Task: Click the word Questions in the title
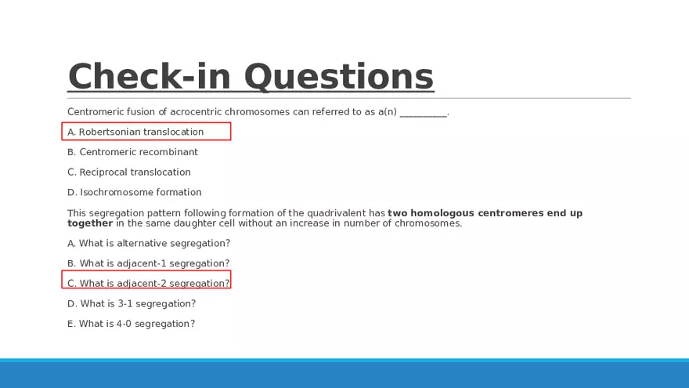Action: click(339, 77)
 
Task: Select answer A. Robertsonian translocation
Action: click(135, 132)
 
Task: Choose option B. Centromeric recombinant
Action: click(132, 152)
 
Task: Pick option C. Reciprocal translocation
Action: click(128, 172)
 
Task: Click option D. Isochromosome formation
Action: click(134, 192)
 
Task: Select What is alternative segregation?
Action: click(149, 243)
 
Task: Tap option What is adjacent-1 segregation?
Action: click(148, 263)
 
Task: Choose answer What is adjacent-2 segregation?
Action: click(148, 284)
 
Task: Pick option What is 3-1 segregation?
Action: click(132, 304)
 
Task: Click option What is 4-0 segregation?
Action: click(131, 325)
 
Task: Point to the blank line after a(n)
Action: click(424, 116)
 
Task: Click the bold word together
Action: click(90, 223)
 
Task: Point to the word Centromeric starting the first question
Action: click(96, 112)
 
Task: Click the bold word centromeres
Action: click(510, 213)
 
